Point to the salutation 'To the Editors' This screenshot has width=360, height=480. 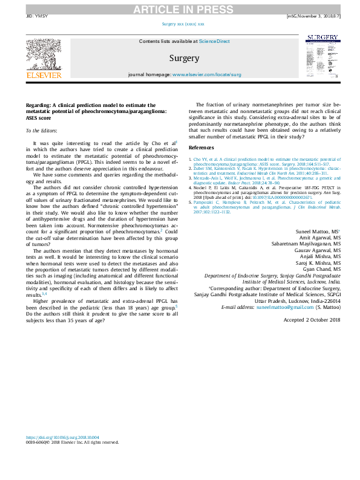coord(41,131)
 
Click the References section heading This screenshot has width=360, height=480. coord(201,147)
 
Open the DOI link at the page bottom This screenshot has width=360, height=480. coord(62,437)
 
